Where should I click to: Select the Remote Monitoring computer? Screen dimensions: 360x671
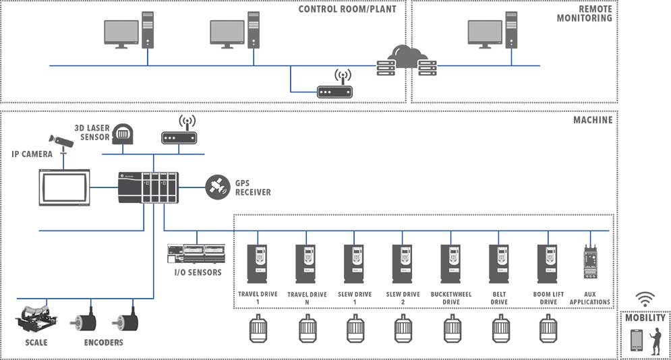click(x=492, y=34)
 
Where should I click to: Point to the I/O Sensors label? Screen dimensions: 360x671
click(x=194, y=273)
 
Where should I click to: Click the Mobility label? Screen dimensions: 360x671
click(x=645, y=318)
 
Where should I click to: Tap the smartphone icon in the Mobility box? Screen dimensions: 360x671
click(x=636, y=340)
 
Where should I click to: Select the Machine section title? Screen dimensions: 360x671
click(x=593, y=120)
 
